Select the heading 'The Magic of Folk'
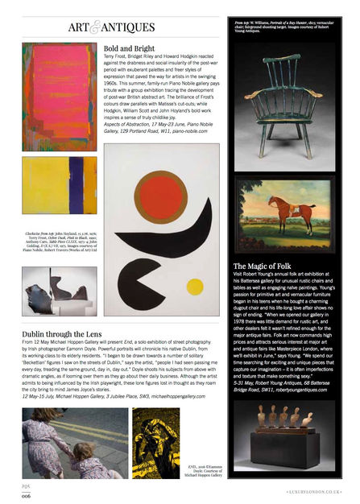267,266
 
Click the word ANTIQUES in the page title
130,28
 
